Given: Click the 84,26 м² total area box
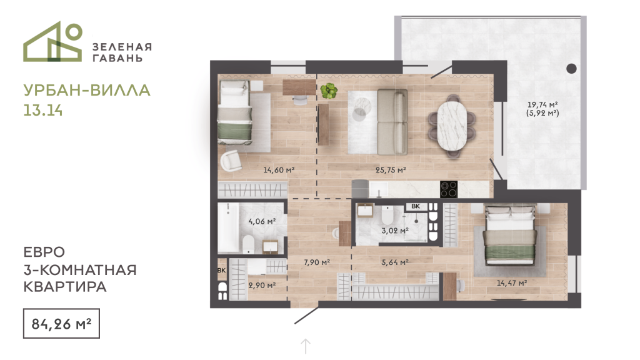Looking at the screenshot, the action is (61, 324).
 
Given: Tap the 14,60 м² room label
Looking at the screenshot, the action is (279, 170).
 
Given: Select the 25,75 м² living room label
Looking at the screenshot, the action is (391, 170).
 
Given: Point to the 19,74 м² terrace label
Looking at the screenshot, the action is (542, 105).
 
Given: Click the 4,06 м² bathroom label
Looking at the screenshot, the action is (262, 221).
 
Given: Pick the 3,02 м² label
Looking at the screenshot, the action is (395, 231).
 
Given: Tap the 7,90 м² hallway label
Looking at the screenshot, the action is (317, 262).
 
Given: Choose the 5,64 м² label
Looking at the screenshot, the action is (395, 262).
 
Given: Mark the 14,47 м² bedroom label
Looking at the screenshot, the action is (512, 283).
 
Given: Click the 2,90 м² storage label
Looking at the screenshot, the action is (262, 286).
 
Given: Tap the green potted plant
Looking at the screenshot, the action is (329, 91).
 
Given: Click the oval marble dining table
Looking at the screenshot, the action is (452, 125).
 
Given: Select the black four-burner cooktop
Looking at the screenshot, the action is (449, 189).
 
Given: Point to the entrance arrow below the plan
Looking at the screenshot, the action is (306, 346).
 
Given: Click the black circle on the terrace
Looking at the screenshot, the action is (571, 69).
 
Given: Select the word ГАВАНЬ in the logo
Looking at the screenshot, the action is (117, 58).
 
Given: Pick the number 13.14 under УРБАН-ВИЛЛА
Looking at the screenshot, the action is (43, 110).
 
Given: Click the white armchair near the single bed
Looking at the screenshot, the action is (231, 160).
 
